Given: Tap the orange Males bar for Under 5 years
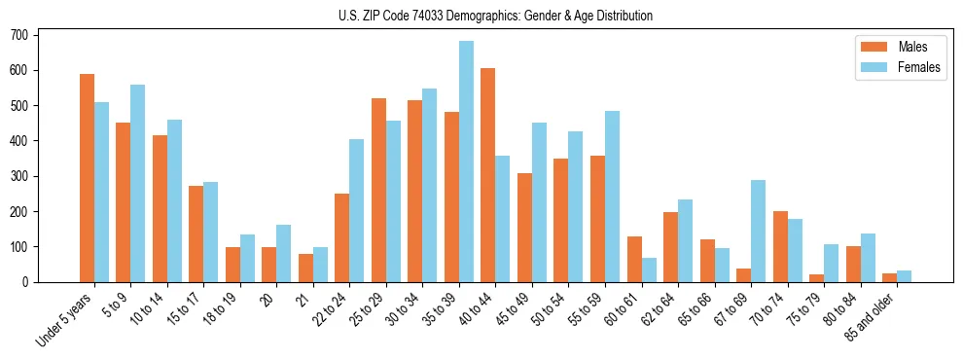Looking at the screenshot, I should pyautogui.click(x=87, y=178).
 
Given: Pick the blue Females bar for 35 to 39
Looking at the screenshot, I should pyautogui.click(x=466, y=162).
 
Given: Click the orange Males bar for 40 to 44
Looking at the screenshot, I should pyautogui.click(x=488, y=175).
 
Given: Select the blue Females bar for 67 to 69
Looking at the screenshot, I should pyautogui.click(x=758, y=231).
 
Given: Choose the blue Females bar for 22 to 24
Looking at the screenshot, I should pyautogui.click(x=357, y=210).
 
